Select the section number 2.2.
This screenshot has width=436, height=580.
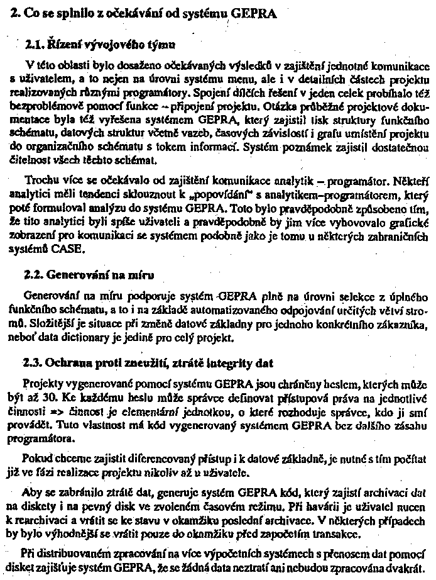pyautogui.click(x=33, y=275)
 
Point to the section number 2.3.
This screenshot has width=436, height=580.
pyautogui.click(x=33, y=363)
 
